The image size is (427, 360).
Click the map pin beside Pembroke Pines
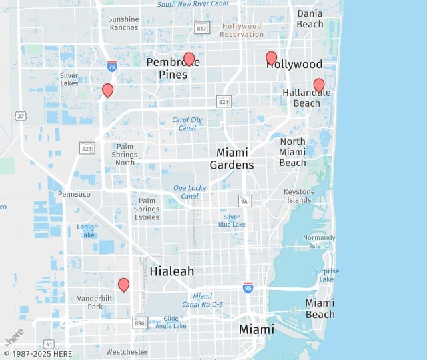[x=189, y=59]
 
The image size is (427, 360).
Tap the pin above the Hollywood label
[x=271, y=58]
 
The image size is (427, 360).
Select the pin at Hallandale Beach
[x=319, y=85]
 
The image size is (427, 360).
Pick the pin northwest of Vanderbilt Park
[x=123, y=285]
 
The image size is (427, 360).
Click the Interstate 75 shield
[x=112, y=65]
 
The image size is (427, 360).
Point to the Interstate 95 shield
[x=248, y=287]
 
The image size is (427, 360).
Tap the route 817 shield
[x=202, y=27]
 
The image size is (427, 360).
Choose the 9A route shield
[x=245, y=200]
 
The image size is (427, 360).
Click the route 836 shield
[x=139, y=323]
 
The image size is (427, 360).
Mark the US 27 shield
[x=21, y=116]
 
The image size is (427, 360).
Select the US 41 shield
[x=49, y=344]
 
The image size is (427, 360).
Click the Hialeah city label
[x=172, y=271]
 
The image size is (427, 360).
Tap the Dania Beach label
[x=310, y=19]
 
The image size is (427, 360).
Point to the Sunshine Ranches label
[x=123, y=23]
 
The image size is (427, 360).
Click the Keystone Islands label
[x=298, y=196]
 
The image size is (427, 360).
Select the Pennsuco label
[x=73, y=194]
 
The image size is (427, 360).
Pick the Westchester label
[x=127, y=352]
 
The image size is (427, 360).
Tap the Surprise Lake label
[x=326, y=275]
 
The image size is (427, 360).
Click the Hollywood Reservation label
[x=242, y=30]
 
